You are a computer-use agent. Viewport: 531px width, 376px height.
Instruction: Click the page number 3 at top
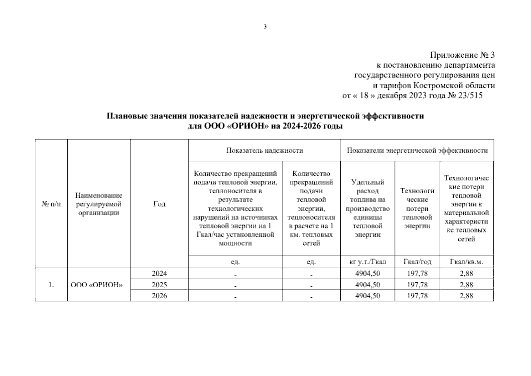(x=265, y=27)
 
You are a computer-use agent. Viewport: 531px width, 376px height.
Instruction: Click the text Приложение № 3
(x=462, y=55)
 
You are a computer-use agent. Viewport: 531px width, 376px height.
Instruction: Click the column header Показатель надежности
(x=265, y=150)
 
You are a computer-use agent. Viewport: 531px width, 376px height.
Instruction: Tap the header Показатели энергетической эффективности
(x=417, y=150)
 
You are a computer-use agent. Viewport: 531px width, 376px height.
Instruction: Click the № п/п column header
(x=51, y=204)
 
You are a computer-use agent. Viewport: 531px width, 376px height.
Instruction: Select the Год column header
(x=159, y=204)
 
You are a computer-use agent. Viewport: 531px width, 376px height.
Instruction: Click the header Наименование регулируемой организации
(x=99, y=204)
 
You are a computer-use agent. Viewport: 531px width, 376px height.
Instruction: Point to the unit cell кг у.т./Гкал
(x=368, y=262)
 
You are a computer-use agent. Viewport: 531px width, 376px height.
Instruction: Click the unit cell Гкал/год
(x=417, y=262)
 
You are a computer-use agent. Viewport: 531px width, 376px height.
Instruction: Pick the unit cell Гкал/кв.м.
(x=466, y=262)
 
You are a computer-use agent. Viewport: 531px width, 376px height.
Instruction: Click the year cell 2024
(x=159, y=274)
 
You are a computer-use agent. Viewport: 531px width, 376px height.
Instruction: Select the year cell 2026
(x=159, y=296)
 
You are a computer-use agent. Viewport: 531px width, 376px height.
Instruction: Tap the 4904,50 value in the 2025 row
(x=368, y=285)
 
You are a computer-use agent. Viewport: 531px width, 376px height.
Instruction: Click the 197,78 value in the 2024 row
(x=417, y=274)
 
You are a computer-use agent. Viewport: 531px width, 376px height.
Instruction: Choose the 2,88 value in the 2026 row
(x=466, y=296)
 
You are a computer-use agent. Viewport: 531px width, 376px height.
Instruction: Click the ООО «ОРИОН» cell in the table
(x=96, y=285)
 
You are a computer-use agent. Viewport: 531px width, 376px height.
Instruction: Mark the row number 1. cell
(x=51, y=285)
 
